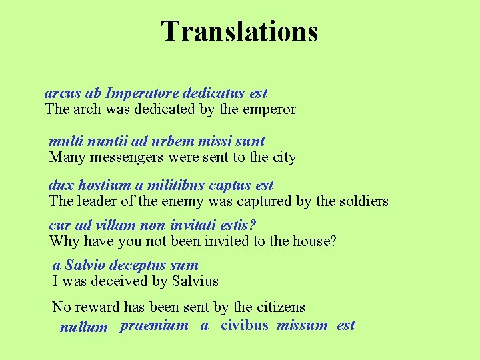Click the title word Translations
click(x=239, y=31)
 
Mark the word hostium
click(x=103, y=185)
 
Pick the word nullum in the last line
click(x=83, y=327)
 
